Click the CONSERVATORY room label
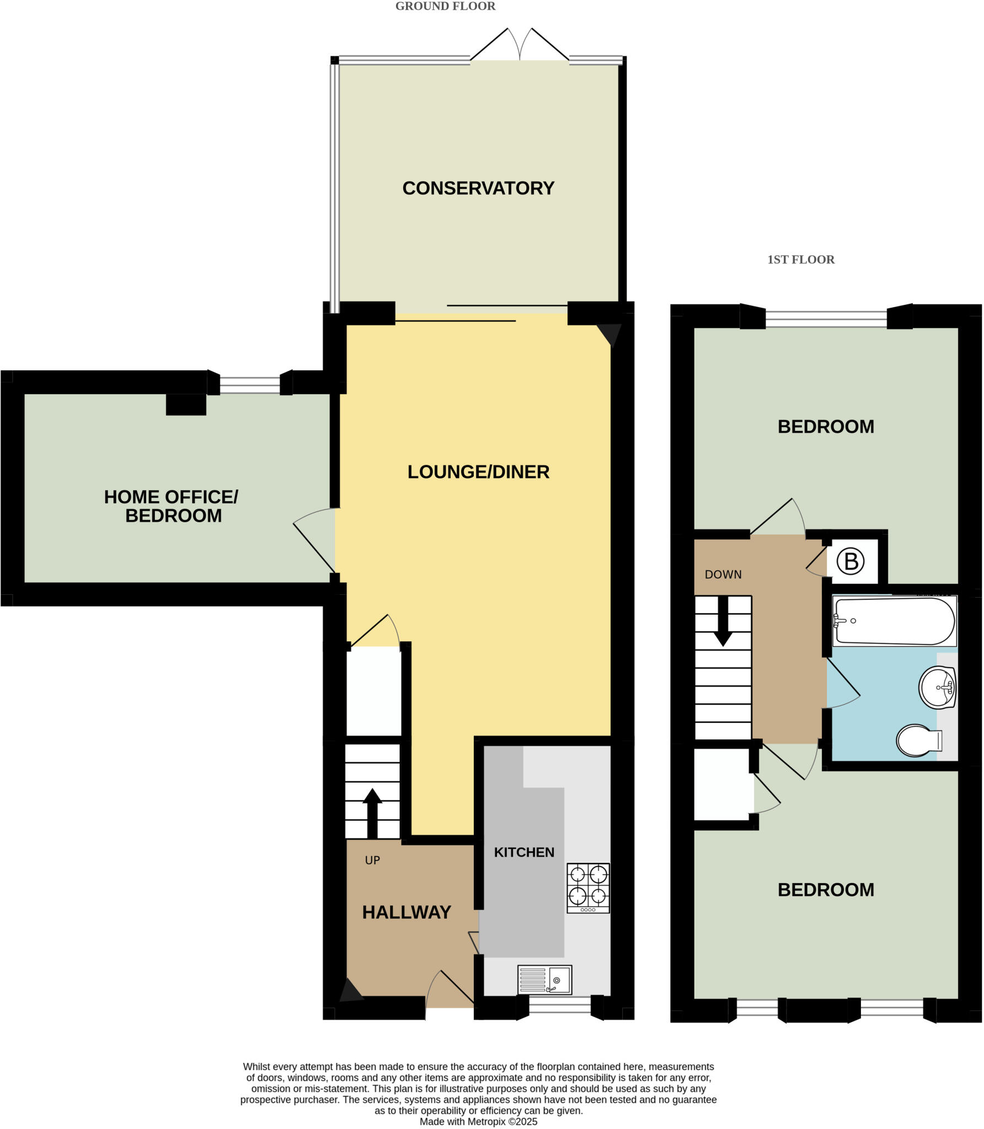[x=478, y=188]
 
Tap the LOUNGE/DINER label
[x=478, y=472]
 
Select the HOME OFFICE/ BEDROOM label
[x=172, y=506]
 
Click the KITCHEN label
[x=524, y=852]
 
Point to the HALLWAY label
[x=407, y=912]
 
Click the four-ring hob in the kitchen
[x=588, y=887]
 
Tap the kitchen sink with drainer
[x=544, y=980]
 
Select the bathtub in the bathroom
[x=894, y=621]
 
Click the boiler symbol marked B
[x=851, y=562]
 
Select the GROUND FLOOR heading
[x=445, y=6]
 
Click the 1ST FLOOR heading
[x=801, y=260]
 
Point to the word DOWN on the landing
[x=723, y=574]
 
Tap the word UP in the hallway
[x=372, y=860]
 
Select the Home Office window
[x=249, y=384]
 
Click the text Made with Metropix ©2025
[x=478, y=1121]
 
